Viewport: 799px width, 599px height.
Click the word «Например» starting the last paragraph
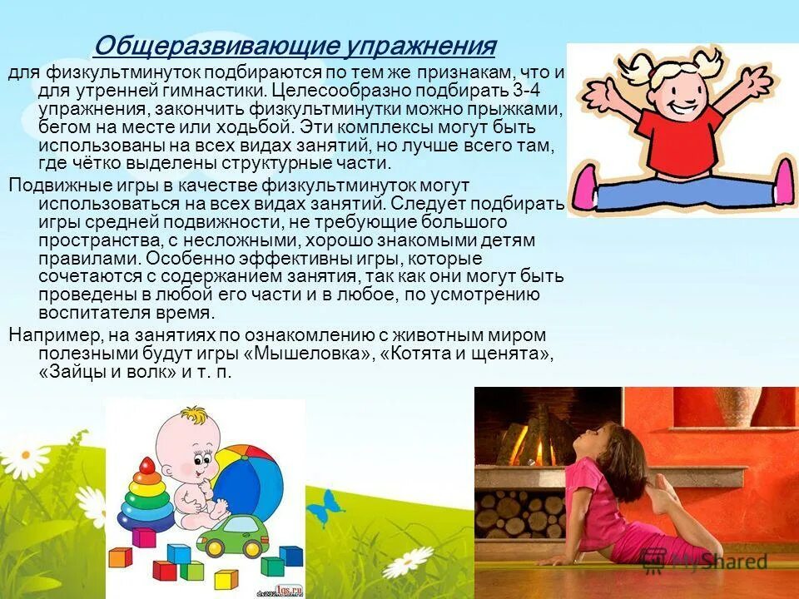[49, 334]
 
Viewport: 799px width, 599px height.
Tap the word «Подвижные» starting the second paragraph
[51, 185]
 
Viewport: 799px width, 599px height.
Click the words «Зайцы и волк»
[108, 372]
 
